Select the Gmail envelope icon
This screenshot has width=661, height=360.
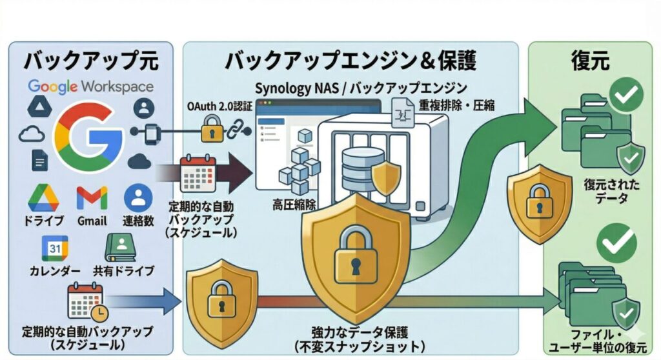pyautogui.click(x=92, y=197)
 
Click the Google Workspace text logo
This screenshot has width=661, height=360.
pyautogui.click(x=90, y=86)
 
